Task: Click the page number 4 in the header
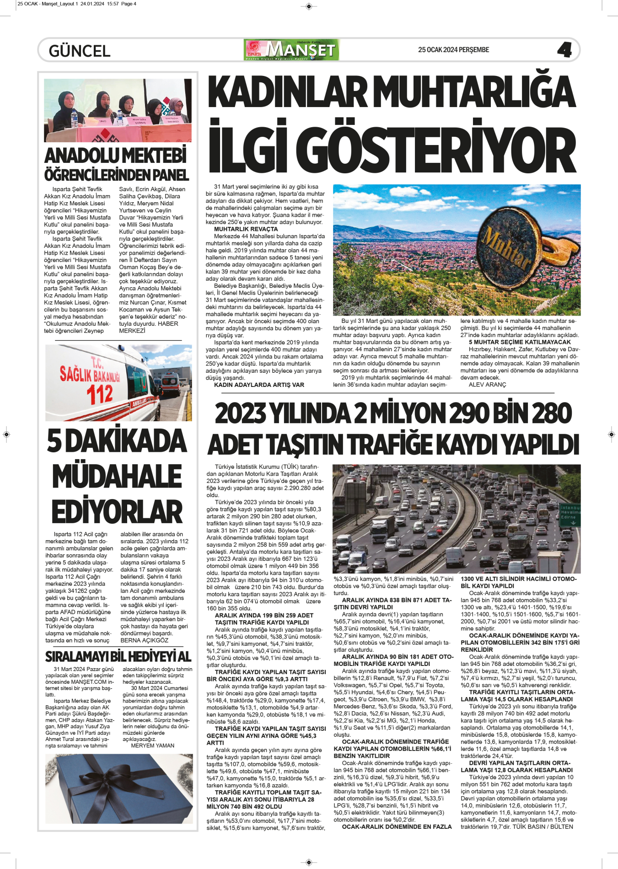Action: click(564, 50)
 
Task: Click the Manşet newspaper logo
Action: click(292, 50)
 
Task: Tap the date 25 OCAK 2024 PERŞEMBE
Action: click(453, 50)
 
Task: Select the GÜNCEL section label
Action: click(80, 51)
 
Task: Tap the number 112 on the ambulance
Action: click(100, 394)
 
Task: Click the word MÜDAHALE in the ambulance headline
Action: click(117, 476)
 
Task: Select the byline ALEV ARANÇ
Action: click(487, 385)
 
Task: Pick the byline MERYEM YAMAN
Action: click(152, 746)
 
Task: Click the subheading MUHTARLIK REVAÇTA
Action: click(246, 229)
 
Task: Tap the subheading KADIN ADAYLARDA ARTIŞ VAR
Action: click(259, 385)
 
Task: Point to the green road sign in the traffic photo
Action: click(570, 515)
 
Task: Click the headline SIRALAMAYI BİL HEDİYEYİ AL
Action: click(118, 657)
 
